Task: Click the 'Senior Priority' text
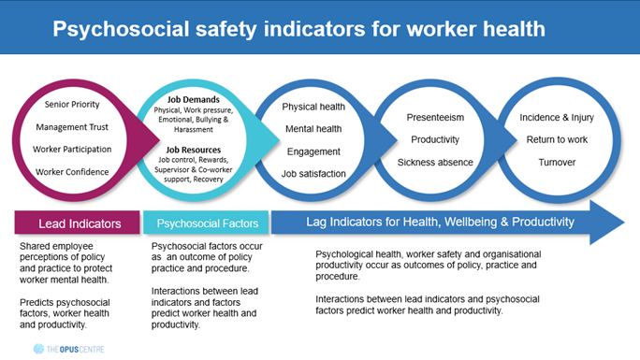(x=72, y=105)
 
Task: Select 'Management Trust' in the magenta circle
(x=72, y=127)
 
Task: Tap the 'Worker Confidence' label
(x=72, y=172)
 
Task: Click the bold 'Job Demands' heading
(x=193, y=99)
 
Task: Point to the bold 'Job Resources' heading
(x=193, y=150)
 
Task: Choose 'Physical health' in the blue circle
(x=313, y=107)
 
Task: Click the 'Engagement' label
(x=313, y=151)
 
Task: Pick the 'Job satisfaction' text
(x=313, y=174)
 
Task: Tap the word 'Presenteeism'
(x=435, y=118)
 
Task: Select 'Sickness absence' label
(x=435, y=163)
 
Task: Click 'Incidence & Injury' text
(x=557, y=118)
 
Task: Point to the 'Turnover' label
(x=557, y=163)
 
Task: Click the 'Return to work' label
(x=557, y=140)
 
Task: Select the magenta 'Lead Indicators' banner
(x=77, y=223)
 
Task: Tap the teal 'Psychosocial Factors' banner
(x=206, y=223)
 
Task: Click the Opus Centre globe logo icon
(x=38, y=349)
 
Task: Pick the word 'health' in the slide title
(x=514, y=29)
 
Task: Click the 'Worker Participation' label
(x=72, y=150)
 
